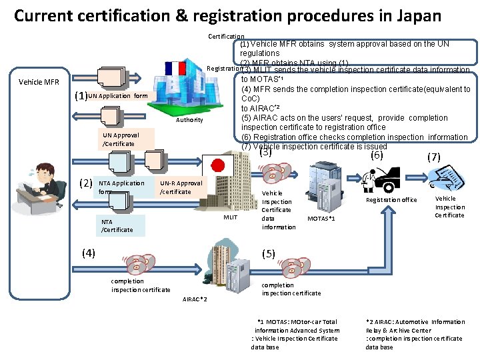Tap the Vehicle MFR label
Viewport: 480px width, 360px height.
point(39,83)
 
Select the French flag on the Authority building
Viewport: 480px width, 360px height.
point(178,68)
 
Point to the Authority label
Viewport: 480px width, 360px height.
point(189,120)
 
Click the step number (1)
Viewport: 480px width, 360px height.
point(79,96)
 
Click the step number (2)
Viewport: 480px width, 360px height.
point(86,183)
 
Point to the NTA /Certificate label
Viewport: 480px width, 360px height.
point(116,225)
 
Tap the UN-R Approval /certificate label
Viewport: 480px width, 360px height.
point(181,187)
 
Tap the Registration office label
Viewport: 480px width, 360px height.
point(391,200)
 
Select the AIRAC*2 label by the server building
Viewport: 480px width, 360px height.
point(195,299)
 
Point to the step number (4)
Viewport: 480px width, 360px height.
point(89,253)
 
